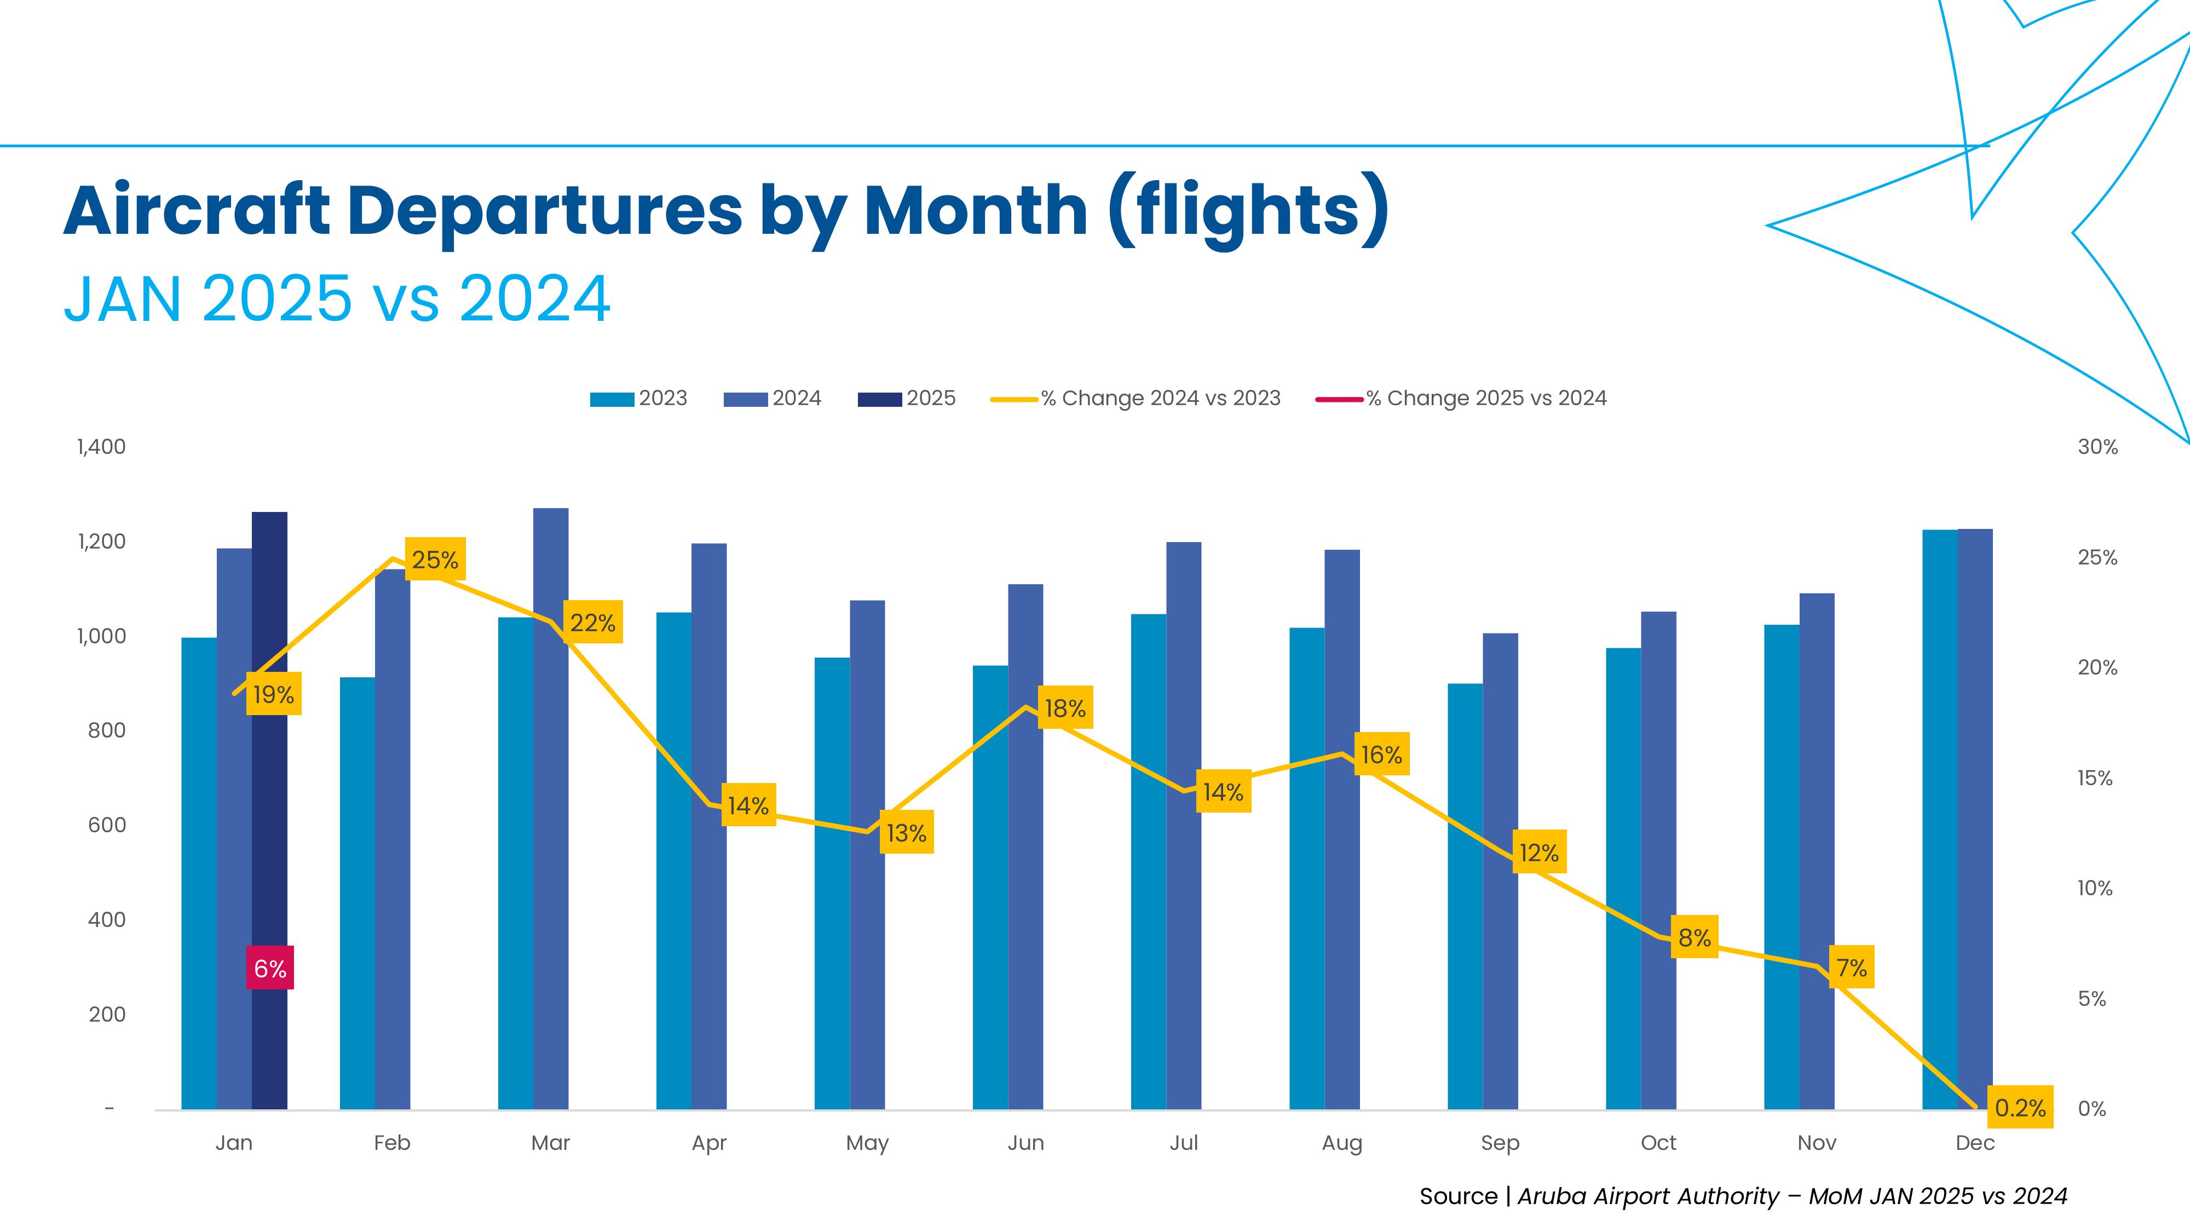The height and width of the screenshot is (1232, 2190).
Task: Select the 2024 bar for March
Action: (x=551, y=808)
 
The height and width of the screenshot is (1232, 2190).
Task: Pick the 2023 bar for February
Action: (x=357, y=893)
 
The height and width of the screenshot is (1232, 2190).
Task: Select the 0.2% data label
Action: (x=2020, y=1107)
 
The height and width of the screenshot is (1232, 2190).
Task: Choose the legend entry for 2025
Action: (x=907, y=399)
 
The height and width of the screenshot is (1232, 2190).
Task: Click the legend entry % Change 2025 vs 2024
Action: (x=1462, y=399)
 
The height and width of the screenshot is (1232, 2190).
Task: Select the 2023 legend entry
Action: (x=639, y=399)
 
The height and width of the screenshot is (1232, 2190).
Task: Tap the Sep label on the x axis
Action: (x=1500, y=1143)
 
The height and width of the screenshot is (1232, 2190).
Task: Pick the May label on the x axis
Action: (x=867, y=1143)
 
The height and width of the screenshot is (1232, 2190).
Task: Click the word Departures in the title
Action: (x=544, y=211)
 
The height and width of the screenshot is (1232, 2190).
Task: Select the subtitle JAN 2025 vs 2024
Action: (x=337, y=300)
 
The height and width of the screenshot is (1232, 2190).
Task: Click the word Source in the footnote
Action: (x=1458, y=1196)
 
